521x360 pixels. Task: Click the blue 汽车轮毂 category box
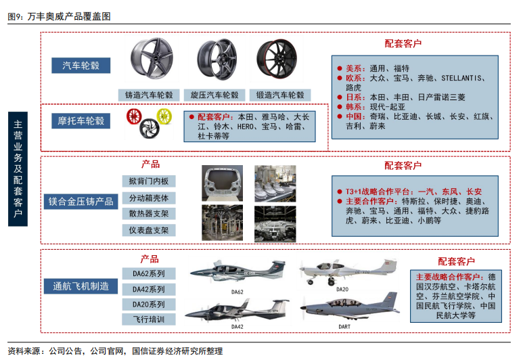(x=81, y=66)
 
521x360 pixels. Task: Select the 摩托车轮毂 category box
(x=81, y=120)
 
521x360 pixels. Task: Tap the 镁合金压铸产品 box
(x=81, y=202)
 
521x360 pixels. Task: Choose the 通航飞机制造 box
(x=81, y=286)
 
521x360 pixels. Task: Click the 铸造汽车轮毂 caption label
(x=149, y=95)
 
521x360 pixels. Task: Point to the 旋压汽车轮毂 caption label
(x=214, y=95)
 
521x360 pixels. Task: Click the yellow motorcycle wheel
(x=164, y=116)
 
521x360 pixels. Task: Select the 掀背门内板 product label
(x=149, y=181)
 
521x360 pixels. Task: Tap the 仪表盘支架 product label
(x=149, y=230)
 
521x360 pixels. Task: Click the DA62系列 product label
(x=149, y=273)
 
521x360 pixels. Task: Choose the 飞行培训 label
(x=149, y=319)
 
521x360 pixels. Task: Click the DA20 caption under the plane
(x=342, y=290)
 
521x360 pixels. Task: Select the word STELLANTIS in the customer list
(x=461, y=78)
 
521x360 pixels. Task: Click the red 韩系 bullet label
(x=353, y=107)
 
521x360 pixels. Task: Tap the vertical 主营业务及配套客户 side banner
(x=18, y=169)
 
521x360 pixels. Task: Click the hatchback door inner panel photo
(x=223, y=183)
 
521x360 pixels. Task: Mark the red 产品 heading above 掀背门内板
(x=150, y=164)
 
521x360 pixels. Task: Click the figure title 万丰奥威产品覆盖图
(x=69, y=16)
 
